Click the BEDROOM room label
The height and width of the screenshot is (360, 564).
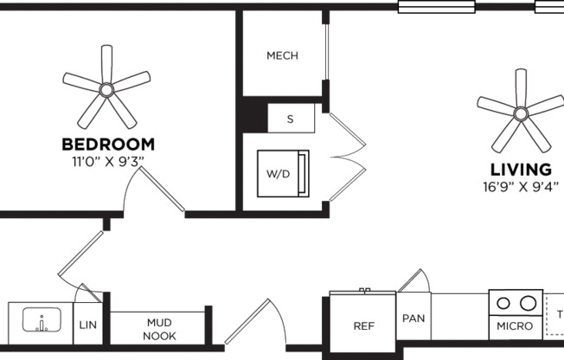108,145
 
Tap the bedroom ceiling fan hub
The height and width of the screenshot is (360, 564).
106,89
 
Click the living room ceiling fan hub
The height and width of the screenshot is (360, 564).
521,112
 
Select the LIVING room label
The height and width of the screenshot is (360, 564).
521,170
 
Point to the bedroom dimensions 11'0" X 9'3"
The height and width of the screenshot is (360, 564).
108,161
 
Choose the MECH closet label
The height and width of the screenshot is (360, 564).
282,56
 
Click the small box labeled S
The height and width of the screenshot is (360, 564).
290,119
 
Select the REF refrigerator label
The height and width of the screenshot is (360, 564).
363,326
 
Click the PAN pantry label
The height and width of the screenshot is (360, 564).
413,318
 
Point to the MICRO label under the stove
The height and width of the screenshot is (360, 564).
515,327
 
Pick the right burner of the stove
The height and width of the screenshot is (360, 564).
526,304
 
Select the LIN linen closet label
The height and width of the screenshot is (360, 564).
87,325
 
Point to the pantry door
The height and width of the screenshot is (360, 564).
413,280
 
